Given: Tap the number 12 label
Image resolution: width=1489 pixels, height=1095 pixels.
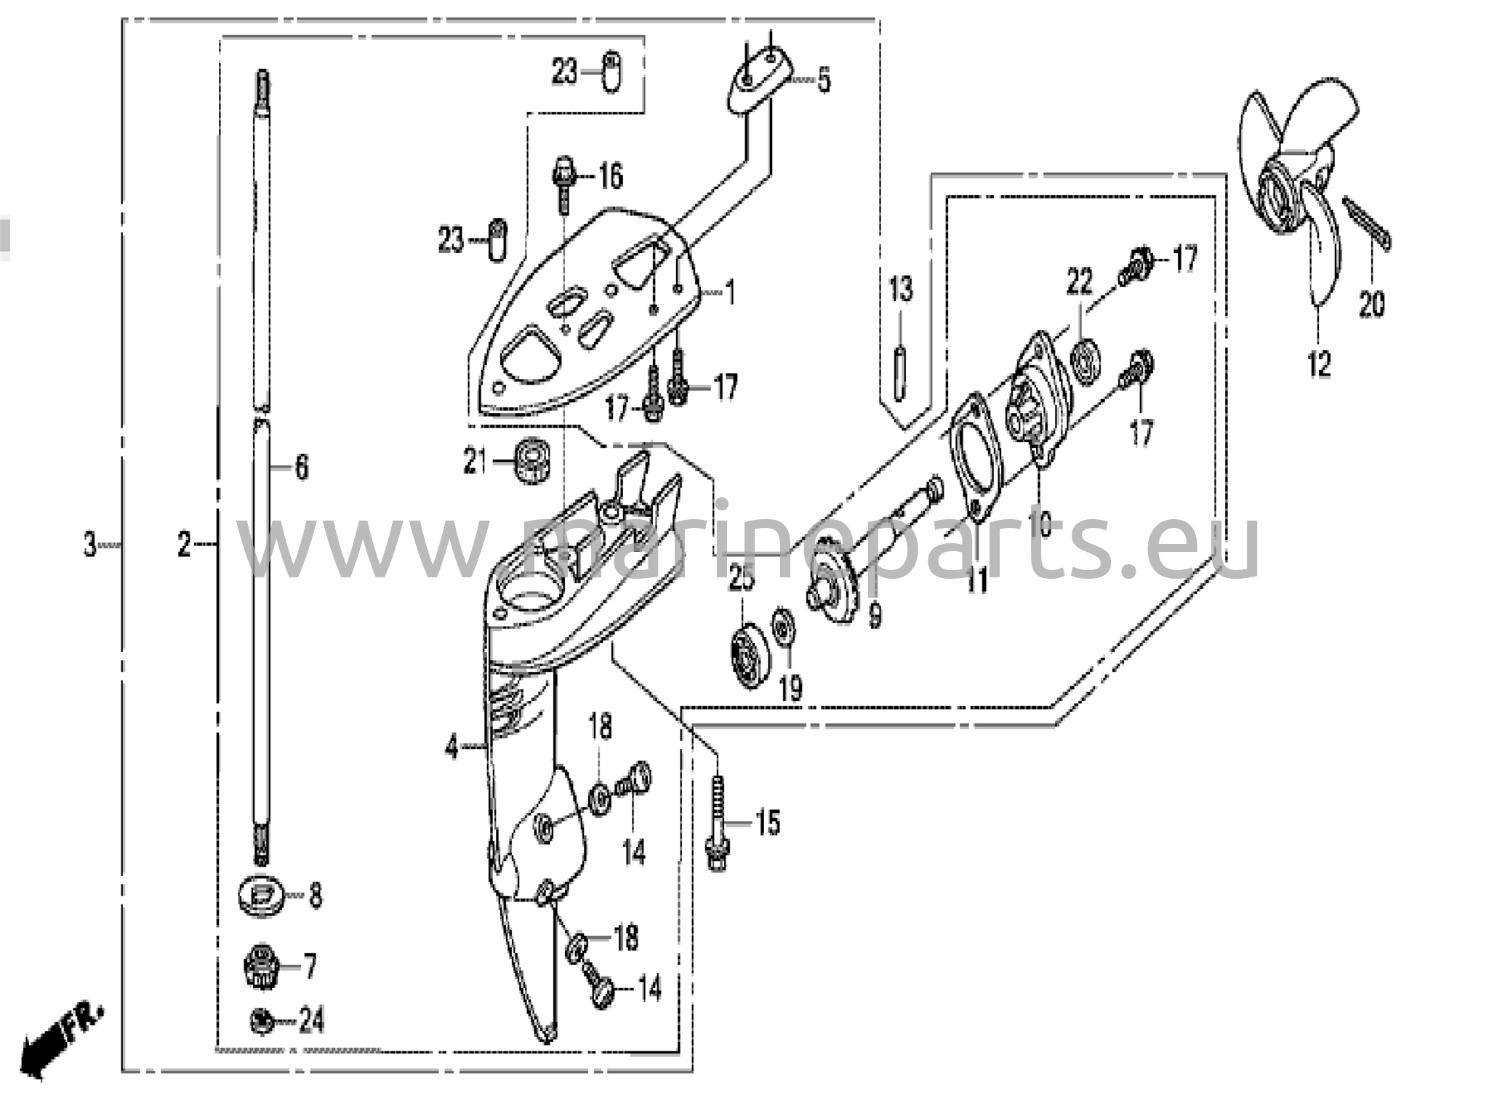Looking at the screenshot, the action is coord(1319,364).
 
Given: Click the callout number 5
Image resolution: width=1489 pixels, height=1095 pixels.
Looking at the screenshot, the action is coord(823,80).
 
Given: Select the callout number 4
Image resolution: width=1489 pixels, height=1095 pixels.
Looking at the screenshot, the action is coord(452,747).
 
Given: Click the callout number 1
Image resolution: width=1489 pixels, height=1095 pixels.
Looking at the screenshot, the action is coord(730,294).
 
